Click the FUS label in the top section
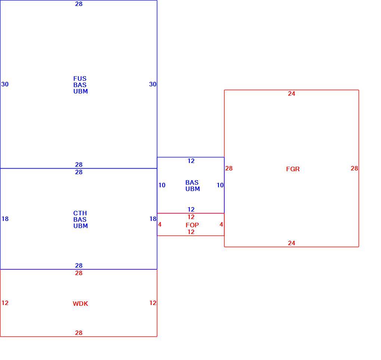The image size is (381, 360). (x=80, y=79)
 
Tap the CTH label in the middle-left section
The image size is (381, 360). (x=80, y=213)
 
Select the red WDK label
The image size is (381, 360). (x=80, y=304)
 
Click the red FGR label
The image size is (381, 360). (x=293, y=169)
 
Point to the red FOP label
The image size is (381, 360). (x=192, y=225)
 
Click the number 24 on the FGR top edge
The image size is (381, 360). (x=292, y=94)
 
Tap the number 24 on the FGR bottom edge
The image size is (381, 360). (x=292, y=243)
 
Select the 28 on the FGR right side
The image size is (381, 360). (x=354, y=168)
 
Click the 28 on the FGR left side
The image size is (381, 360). (x=229, y=168)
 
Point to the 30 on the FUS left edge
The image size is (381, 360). (x=5, y=84)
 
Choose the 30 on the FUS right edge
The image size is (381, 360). (x=153, y=84)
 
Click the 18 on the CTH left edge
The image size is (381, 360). (x=5, y=219)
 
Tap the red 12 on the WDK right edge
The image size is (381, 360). (x=153, y=303)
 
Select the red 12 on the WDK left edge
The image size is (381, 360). (x=5, y=303)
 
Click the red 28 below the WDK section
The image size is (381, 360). (x=79, y=333)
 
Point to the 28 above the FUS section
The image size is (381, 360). (x=79, y=4)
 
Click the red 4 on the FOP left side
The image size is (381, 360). (x=159, y=224)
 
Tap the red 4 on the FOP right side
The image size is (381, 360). (x=221, y=224)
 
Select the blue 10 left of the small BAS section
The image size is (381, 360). (x=162, y=185)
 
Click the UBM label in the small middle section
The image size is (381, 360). (x=193, y=189)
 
